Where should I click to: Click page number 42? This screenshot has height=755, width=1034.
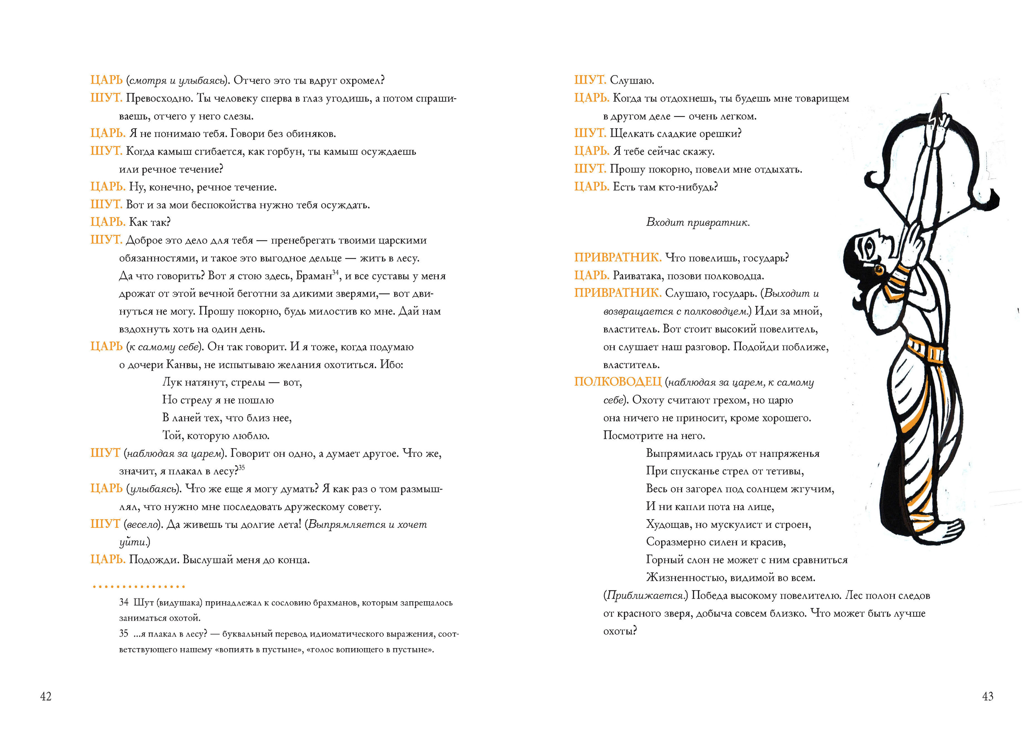pyautogui.click(x=46, y=697)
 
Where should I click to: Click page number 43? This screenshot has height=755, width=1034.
pyautogui.click(x=987, y=697)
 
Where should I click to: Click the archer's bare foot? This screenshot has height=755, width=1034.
pyautogui.click(x=946, y=530)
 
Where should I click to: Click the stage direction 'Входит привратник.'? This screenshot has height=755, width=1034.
pyautogui.click(x=698, y=223)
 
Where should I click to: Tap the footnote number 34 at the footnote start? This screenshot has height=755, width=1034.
pyautogui.click(x=123, y=603)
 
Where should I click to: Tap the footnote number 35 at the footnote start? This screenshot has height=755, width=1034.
pyautogui.click(x=123, y=634)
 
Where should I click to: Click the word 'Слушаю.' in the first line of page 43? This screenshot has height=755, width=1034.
pyautogui.click(x=632, y=80)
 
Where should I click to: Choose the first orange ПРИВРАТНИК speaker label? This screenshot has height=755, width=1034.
pyautogui.click(x=617, y=258)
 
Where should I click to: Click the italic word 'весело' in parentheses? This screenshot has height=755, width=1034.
pyautogui.click(x=142, y=525)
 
